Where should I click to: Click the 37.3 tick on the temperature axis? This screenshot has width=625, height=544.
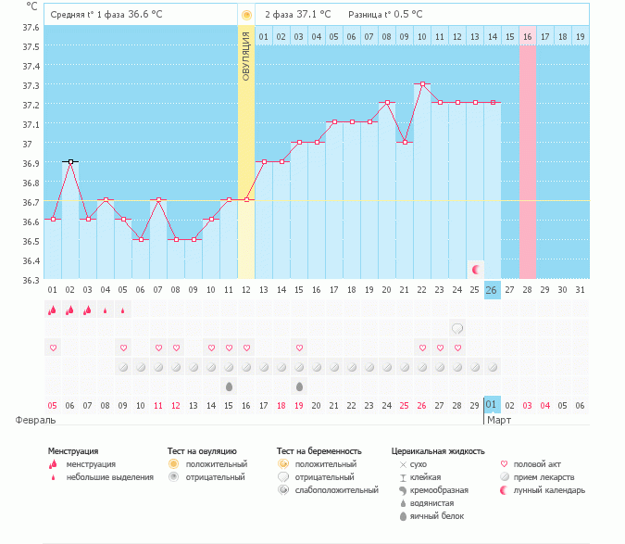(31, 85)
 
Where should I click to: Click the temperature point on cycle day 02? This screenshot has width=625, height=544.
(70, 161)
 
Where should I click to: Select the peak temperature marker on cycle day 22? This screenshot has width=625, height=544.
(422, 83)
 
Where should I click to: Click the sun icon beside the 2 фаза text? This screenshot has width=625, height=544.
(246, 16)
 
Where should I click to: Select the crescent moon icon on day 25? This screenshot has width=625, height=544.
(476, 270)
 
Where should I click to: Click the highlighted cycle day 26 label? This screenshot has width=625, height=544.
(493, 290)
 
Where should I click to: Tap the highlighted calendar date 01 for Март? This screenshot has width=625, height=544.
(493, 405)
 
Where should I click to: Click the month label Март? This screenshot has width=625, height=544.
(500, 420)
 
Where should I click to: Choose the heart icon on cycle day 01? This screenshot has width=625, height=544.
(53, 348)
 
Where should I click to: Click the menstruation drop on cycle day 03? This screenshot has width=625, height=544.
(88, 310)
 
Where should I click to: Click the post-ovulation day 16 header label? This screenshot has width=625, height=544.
(528, 37)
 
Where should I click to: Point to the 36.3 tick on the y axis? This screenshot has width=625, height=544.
(31, 280)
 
